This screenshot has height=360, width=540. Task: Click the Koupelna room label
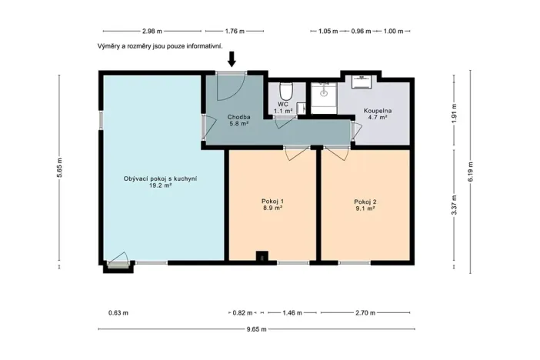(x=375, y=111)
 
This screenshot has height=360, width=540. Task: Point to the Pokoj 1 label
(x=272, y=202)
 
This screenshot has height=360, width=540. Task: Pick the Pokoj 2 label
(x=365, y=202)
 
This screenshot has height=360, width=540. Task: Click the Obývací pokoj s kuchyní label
(x=160, y=178)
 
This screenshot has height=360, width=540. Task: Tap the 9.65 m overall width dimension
(x=256, y=329)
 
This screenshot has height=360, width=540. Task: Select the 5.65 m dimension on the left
(x=59, y=172)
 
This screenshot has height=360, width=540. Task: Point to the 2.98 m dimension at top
(x=152, y=32)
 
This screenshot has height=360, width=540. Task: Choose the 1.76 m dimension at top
(x=234, y=32)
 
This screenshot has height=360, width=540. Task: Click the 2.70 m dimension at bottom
(x=365, y=313)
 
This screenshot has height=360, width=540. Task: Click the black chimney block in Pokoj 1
(x=262, y=257)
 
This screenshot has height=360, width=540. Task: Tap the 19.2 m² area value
(x=160, y=185)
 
